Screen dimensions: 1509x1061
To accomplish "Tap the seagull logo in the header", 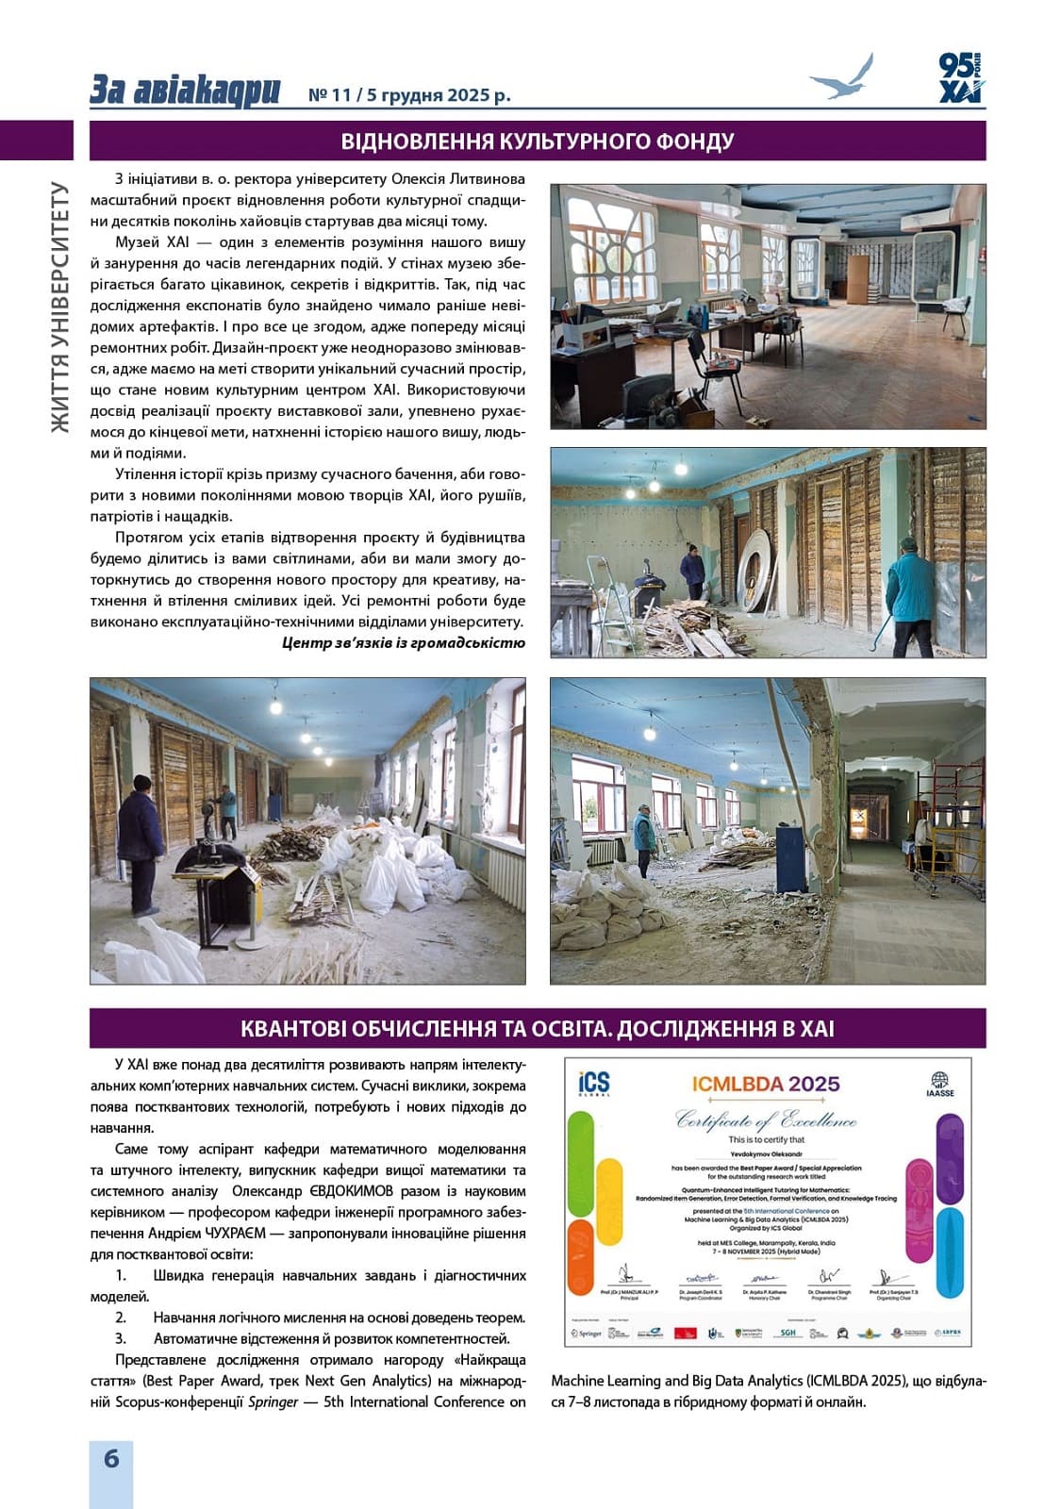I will (x=841, y=78).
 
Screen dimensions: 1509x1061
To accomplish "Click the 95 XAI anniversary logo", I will (x=960, y=77).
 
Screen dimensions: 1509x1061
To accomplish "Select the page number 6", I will (x=111, y=1458).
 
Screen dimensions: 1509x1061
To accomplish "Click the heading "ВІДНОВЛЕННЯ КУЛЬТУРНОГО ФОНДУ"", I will (x=538, y=141).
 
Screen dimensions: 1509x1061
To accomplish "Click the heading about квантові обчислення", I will (x=538, y=1028).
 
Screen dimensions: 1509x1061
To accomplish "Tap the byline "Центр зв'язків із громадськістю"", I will (x=404, y=643).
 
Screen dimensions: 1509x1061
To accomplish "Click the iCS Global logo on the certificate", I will (x=594, y=1084).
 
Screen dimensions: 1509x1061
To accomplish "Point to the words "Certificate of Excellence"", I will (x=766, y=1120).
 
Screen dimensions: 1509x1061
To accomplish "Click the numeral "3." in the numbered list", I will (x=121, y=1338).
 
